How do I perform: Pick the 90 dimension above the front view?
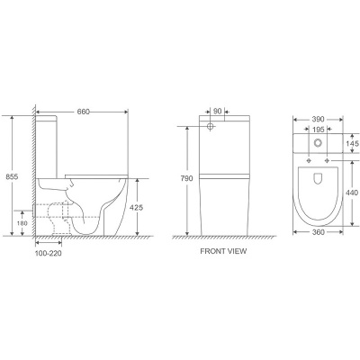tap(218, 112)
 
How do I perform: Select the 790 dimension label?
tap(185, 179)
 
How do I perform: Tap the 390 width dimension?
tap(317, 120)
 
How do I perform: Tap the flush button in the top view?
tap(317, 144)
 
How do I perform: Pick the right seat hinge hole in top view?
tap(327, 160)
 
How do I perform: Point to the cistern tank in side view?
tap(48, 144)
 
